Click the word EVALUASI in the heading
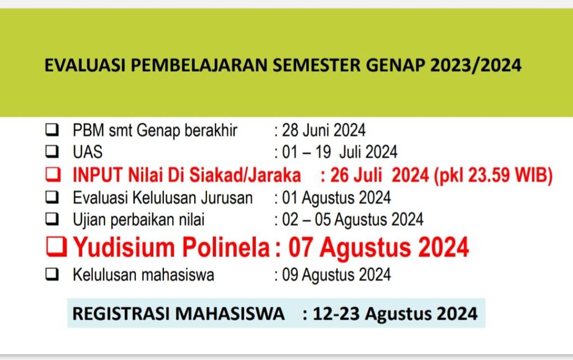(x=85, y=65)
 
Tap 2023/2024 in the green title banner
(x=476, y=66)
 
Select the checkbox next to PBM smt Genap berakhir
(x=52, y=130)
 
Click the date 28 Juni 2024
(x=323, y=130)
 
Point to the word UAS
(x=88, y=152)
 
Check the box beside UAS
(x=52, y=151)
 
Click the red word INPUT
(x=97, y=175)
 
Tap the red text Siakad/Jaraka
(x=245, y=175)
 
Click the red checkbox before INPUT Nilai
(x=53, y=174)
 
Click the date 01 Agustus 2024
(x=336, y=198)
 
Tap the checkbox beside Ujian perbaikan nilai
(x=52, y=219)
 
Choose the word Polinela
(x=226, y=247)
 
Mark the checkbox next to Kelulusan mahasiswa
(x=52, y=274)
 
